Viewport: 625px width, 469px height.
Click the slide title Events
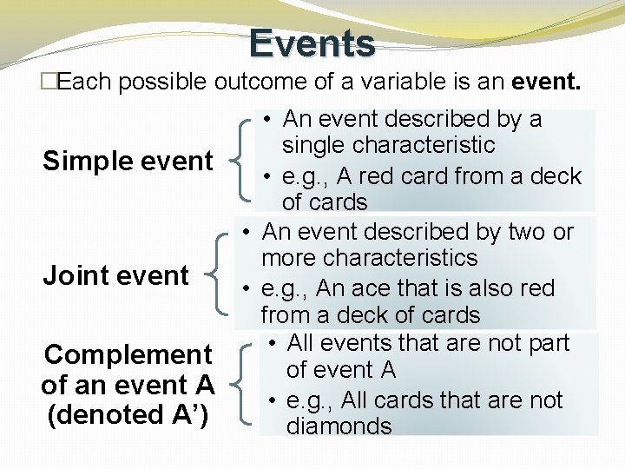(x=312, y=42)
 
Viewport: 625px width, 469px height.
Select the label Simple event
(x=128, y=161)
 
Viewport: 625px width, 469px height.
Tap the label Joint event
(x=115, y=275)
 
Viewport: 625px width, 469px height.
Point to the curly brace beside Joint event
(x=214, y=275)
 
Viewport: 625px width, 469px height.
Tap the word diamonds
(x=339, y=426)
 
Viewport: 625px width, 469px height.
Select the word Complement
(x=128, y=354)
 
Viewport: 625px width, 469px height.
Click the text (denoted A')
(x=128, y=414)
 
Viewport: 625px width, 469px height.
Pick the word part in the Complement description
(x=544, y=343)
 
